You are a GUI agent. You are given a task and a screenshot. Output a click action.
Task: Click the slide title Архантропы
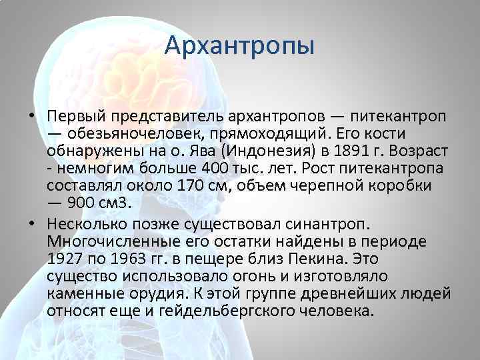(x=239, y=47)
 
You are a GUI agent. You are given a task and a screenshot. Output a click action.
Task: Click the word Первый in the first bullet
(x=72, y=115)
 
